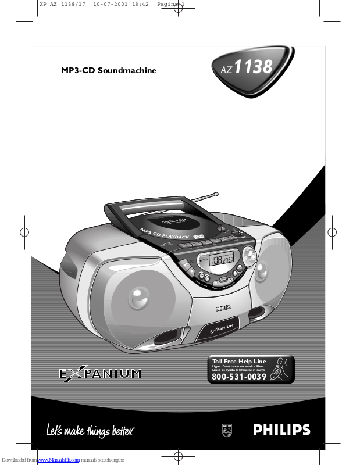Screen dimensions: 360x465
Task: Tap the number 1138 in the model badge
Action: (x=253, y=67)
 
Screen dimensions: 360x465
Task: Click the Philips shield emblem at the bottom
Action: (x=227, y=430)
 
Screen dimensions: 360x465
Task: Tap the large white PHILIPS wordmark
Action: (x=281, y=430)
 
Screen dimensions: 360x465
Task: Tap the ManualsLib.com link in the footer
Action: (x=58, y=460)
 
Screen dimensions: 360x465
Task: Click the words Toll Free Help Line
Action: (x=239, y=362)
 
